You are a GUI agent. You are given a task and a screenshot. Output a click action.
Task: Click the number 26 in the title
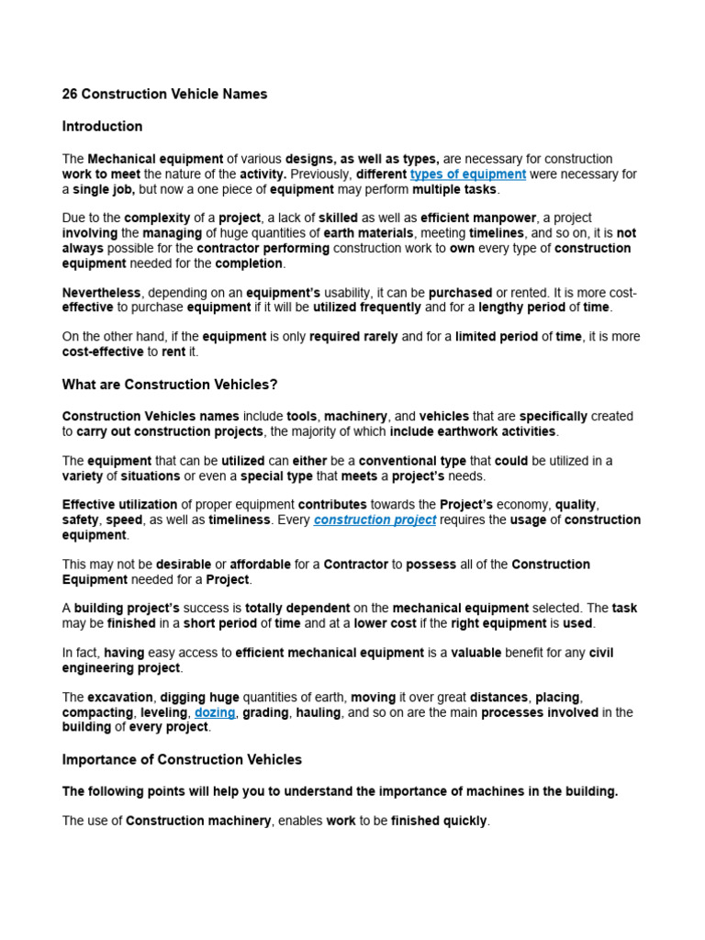(70, 95)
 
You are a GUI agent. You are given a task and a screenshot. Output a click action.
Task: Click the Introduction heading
(102, 126)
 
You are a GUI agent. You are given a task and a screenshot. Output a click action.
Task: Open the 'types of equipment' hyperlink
(468, 173)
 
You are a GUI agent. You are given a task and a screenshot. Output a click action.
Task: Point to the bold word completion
(249, 263)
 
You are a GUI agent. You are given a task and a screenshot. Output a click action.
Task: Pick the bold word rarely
(379, 337)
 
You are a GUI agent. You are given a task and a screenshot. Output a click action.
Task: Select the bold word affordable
(260, 565)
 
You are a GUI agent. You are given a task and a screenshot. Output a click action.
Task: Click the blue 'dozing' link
(215, 712)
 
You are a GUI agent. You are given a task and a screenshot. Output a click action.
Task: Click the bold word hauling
(318, 712)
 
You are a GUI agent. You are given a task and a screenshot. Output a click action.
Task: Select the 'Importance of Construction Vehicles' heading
(182, 759)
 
